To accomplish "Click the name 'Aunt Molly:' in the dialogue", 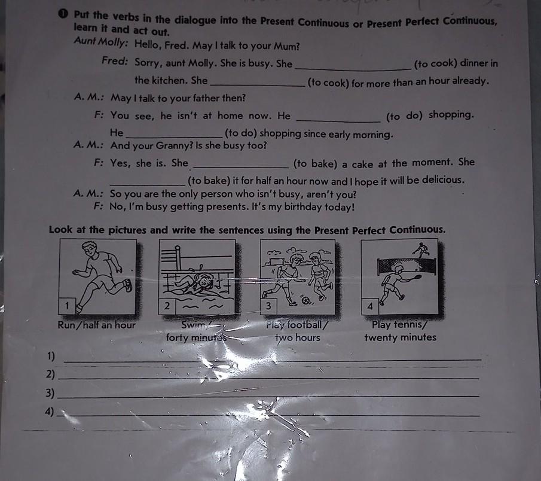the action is tap(101, 42).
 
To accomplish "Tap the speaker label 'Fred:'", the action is tap(115, 61).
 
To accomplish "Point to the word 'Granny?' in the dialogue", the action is tap(174, 146).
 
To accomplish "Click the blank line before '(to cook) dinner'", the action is tap(353, 69).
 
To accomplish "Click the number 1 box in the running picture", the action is tap(68, 306).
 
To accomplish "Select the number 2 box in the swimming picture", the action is tap(167, 306).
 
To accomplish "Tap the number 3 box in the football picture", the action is tap(268, 306).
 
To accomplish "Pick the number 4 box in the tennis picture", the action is tap(370, 306).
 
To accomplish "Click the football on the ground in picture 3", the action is tap(305, 300).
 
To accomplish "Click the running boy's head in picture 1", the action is tap(90, 249).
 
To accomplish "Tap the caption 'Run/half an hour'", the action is tap(97, 325).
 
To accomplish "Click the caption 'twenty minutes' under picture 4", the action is tap(401, 337).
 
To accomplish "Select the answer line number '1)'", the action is tap(51, 356).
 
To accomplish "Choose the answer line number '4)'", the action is tap(50, 412).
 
